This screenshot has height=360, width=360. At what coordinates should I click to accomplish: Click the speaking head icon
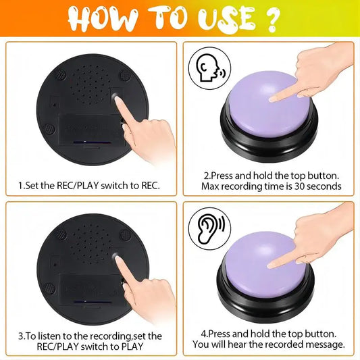[x=209, y=68]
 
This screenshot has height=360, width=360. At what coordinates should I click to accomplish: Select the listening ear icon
[x=209, y=229]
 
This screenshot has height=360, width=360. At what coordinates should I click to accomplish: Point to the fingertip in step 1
[x=118, y=99]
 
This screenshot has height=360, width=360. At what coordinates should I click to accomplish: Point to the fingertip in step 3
[x=118, y=259]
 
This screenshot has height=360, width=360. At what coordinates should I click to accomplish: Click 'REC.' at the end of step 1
[x=151, y=186]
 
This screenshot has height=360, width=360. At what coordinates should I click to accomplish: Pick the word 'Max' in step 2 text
[x=210, y=186]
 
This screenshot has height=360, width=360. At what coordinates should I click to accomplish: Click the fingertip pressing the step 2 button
[x=273, y=99]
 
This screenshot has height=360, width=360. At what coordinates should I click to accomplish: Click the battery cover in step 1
[x=91, y=130]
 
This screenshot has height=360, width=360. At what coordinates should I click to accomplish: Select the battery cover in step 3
[x=91, y=290]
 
